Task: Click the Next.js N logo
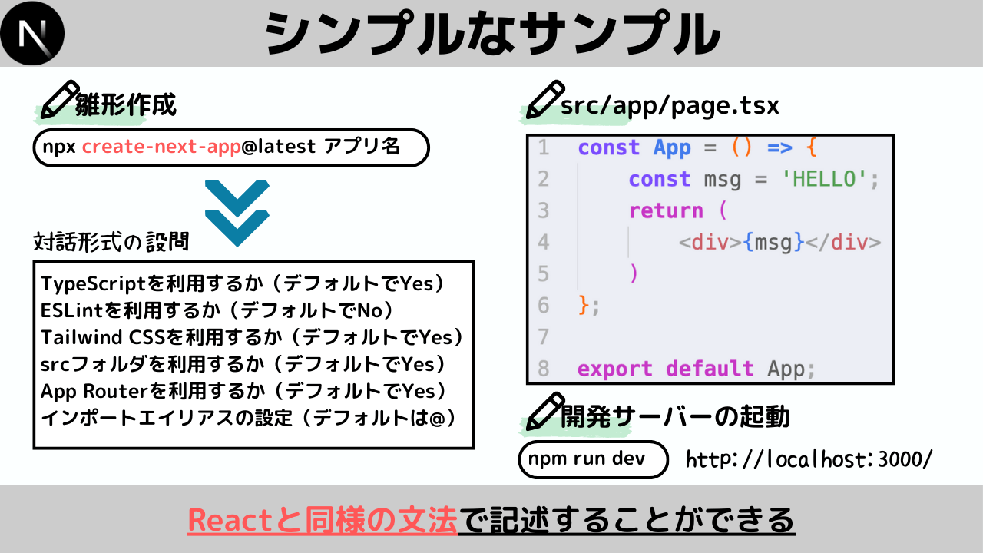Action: pyautogui.click(x=32, y=33)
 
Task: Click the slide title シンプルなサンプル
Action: pyautogui.click(x=492, y=34)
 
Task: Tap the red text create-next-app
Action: pyautogui.click(x=161, y=147)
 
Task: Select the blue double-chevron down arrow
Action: pyautogui.click(x=237, y=214)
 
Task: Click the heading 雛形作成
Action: pyautogui.click(x=125, y=104)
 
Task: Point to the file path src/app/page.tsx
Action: pyautogui.click(x=670, y=106)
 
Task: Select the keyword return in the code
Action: pyautogui.click(x=666, y=210)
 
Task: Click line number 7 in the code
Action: pyautogui.click(x=544, y=337)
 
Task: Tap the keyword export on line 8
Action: pyautogui.click(x=614, y=369)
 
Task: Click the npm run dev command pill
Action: pyautogui.click(x=594, y=459)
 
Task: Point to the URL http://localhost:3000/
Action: pyautogui.click(x=809, y=459)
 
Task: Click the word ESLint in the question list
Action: pyautogui.click(x=72, y=310)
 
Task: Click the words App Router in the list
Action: pyautogui.click(x=94, y=391)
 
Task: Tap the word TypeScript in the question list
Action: pyautogui.click(x=93, y=284)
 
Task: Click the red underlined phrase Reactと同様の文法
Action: pyautogui.click(x=323, y=521)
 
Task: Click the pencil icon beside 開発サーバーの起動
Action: pyautogui.click(x=545, y=411)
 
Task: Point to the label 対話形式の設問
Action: pyautogui.click(x=111, y=241)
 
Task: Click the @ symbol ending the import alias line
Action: pyautogui.click(x=437, y=419)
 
